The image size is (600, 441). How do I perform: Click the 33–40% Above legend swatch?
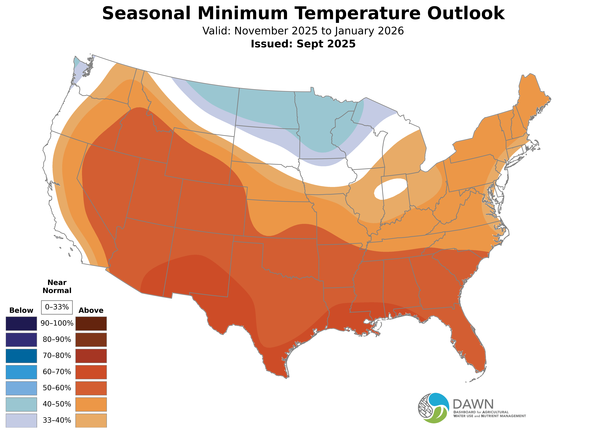coord(91,420)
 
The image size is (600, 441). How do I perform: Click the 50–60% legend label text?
coord(57,388)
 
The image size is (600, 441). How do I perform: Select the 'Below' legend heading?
coord(21,310)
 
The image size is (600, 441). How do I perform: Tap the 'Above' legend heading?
coord(91,310)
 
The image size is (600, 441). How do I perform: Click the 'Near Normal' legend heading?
coord(57,286)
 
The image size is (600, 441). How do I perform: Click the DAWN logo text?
coord(473,404)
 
